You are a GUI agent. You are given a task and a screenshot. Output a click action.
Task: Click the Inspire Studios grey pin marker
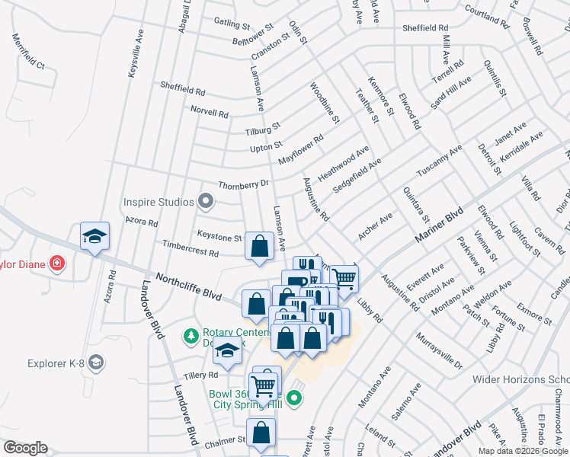(205, 202)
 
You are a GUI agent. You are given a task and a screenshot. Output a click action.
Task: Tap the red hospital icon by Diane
(56, 264)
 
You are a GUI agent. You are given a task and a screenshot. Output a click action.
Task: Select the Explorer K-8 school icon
(96, 363)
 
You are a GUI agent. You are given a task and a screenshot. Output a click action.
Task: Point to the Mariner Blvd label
(439, 226)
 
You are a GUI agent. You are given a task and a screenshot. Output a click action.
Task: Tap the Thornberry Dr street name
(244, 184)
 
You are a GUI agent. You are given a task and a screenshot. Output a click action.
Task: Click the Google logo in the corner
(25, 448)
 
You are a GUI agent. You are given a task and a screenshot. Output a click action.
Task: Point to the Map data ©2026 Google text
(523, 451)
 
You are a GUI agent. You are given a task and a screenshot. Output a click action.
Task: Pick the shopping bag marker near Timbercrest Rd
(259, 247)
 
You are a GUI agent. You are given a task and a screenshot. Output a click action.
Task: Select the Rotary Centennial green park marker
(191, 335)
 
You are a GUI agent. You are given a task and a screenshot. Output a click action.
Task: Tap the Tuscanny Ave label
(440, 161)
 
